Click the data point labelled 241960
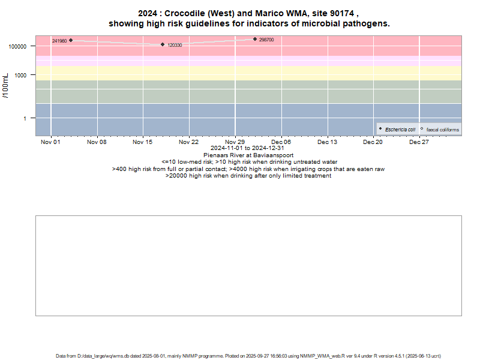pyautogui.click(x=71, y=40)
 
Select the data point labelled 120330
pyautogui.click(x=163, y=44)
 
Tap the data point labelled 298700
pyautogui.click(x=255, y=39)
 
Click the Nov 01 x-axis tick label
pyautogui.click(x=51, y=142)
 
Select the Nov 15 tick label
pyautogui.click(x=143, y=142)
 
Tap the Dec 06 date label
pyautogui.click(x=281, y=142)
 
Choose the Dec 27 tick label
pyautogui.click(x=419, y=142)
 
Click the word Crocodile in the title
pyautogui.click(x=183, y=13)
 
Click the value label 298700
pyautogui.click(x=266, y=40)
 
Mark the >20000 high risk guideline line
pyautogui.click(x=248, y=175)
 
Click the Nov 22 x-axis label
pyautogui.click(x=189, y=142)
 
